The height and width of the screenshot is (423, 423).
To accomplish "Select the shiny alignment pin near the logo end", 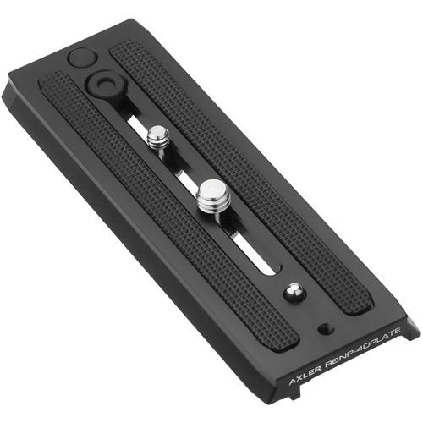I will (292, 290).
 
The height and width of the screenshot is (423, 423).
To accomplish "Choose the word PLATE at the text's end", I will (388, 330).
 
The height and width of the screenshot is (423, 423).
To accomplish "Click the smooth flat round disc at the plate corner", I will (81, 58).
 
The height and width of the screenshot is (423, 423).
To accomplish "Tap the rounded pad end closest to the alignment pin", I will (359, 305).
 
